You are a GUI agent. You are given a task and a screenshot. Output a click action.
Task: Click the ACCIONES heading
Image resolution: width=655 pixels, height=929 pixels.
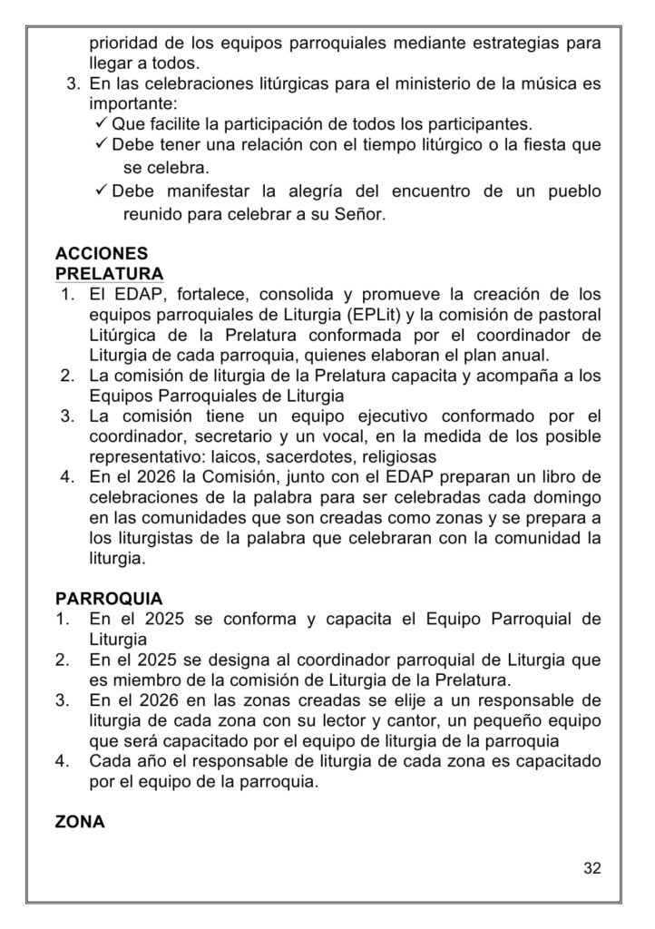(x=102, y=254)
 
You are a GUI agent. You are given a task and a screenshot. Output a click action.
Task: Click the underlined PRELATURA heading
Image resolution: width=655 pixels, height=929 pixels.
(x=110, y=273)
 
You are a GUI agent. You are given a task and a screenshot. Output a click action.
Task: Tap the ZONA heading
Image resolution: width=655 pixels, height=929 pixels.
(x=80, y=822)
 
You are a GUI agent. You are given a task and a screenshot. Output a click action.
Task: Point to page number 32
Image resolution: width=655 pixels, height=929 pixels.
(x=591, y=868)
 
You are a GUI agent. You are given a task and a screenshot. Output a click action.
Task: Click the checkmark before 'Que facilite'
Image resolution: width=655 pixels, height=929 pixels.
(x=101, y=123)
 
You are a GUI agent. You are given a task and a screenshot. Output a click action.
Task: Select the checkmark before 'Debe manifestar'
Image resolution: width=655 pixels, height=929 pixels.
(x=101, y=192)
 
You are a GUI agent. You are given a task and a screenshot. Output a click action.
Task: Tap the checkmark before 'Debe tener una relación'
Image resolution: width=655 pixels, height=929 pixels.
(x=101, y=145)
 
